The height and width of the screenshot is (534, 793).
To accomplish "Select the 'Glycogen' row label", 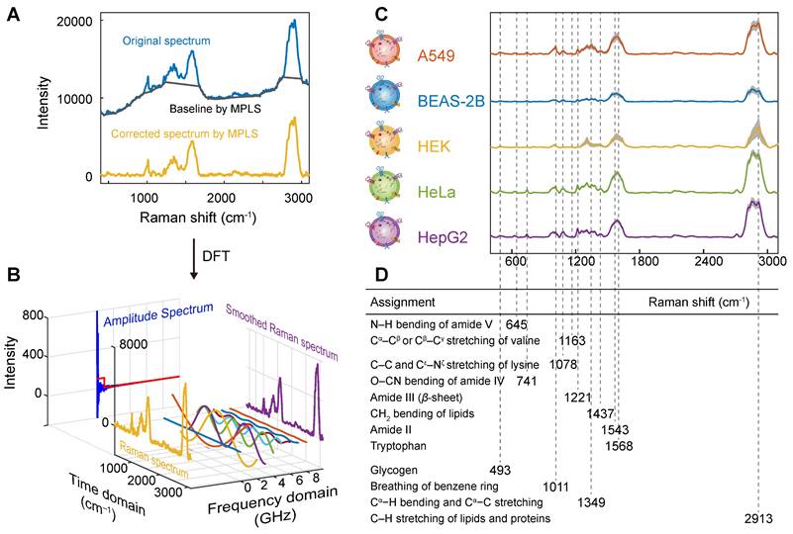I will click(x=393, y=469).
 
